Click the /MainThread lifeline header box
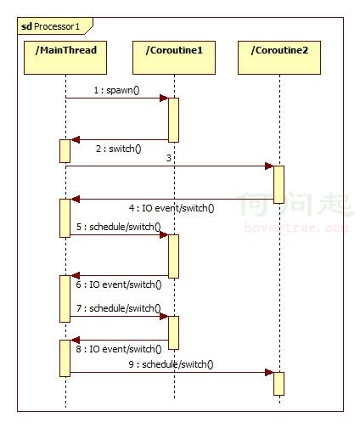click(65, 58)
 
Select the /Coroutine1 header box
click(174, 58)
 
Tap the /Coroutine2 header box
click(279, 58)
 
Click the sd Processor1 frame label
click(51, 26)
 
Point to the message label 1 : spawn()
click(117, 90)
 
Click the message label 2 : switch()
click(119, 149)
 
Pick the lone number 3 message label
click(169, 158)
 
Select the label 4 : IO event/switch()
click(172, 208)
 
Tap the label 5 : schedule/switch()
click(119, 227)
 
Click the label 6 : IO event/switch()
click(119, 284)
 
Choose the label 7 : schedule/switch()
click(119, 308)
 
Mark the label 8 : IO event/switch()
click(119, 349)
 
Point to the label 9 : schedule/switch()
click(171, 364)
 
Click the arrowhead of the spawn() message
click(164, 99)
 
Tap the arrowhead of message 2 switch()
click(75, 139)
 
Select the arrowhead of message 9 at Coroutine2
click(269, 372)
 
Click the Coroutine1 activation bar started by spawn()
click(174, 120)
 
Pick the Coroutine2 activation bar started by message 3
click(278, 184)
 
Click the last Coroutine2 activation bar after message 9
click(278, 384)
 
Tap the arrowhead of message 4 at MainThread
click(75, 199)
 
